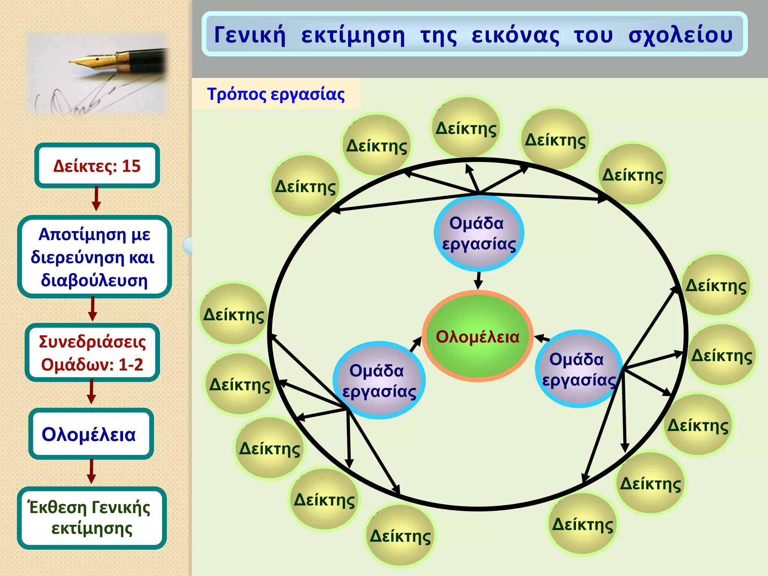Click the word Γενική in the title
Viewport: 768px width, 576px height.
[250, 35]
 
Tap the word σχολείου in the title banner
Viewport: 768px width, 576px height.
[680, 35]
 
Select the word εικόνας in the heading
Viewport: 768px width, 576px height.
[515, 35]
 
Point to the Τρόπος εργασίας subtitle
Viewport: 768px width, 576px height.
[276, 94]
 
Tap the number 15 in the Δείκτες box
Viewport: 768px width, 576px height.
[131, 166]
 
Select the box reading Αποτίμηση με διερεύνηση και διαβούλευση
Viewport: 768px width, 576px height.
[94, 257]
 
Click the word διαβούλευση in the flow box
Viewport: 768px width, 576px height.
[94, 280]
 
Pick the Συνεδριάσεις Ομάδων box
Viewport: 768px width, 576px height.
[92, 352]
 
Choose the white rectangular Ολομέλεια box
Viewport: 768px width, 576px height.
[91, 434]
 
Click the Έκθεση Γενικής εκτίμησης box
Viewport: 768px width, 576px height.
[91, 518]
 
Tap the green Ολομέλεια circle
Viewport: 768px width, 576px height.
[477, 336]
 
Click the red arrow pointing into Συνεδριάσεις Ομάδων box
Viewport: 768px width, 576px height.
[93, 309]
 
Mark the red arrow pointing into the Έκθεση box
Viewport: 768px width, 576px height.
[91, 472]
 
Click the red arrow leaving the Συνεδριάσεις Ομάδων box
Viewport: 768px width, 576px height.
[91, 392]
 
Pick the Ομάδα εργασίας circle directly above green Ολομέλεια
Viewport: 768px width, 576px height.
[478, 233]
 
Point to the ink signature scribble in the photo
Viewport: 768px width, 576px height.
[75, 99]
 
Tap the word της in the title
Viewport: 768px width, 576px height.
[438, 36]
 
